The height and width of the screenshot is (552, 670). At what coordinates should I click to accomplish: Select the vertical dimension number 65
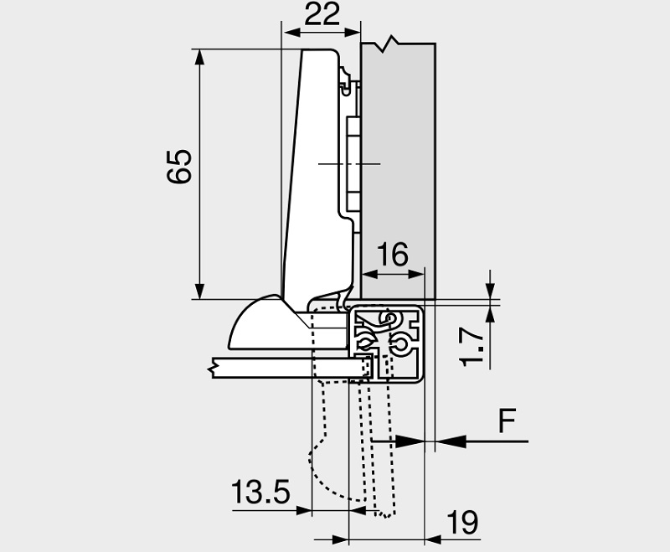(180, 166)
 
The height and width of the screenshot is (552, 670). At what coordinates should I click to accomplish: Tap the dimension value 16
(393, 254)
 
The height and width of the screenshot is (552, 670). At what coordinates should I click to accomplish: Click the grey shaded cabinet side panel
(399, 151)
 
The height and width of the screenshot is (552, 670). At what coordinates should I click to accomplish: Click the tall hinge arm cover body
(318, 168)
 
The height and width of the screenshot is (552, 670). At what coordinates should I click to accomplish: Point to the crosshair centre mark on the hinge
(348, 163)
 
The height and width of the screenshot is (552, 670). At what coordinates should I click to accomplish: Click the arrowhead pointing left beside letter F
(448, 440)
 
